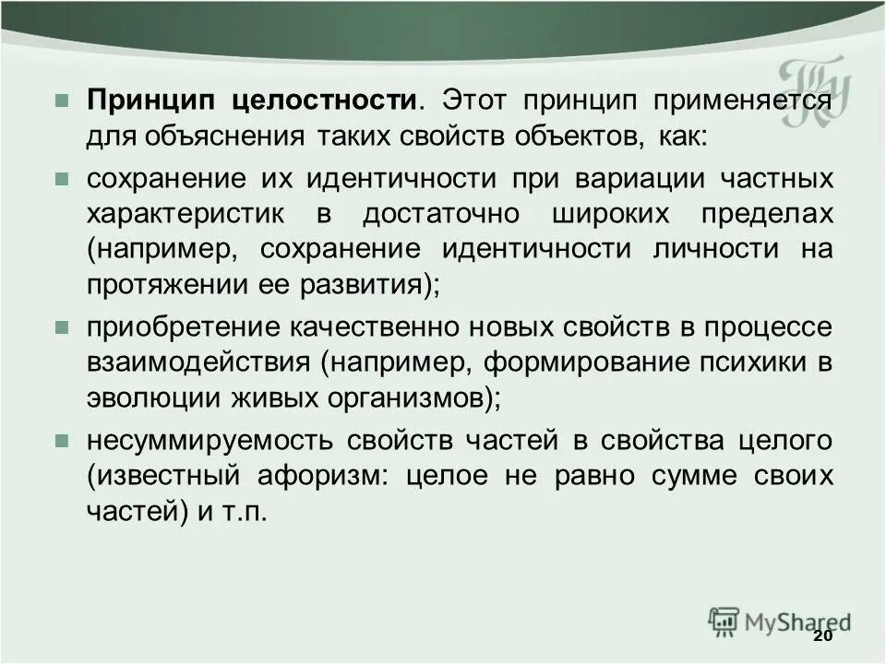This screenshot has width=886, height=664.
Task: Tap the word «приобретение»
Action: coord(185,327)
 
